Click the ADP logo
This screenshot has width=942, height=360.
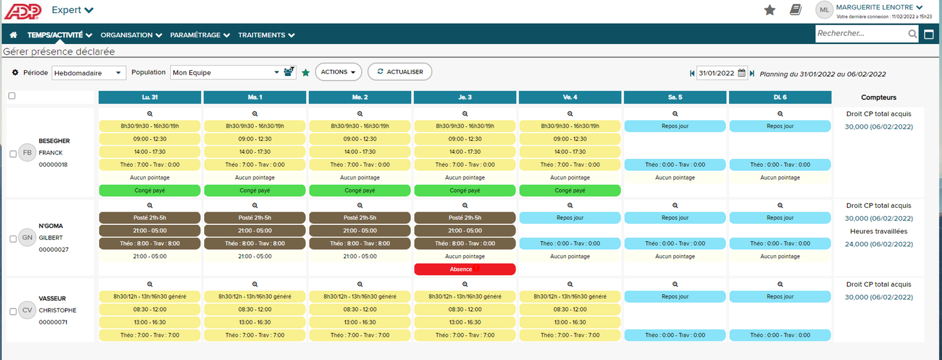tap(23, 11)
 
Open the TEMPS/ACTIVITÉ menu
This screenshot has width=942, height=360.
tap(60, 35)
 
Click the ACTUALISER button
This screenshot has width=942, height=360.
tap(399, 72)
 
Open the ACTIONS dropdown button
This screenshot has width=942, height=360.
tap(338, 72)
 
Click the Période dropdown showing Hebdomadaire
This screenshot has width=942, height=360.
tap(89, 73)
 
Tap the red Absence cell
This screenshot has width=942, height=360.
tap(465, 269)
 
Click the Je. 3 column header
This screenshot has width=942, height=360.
tap(465, 97)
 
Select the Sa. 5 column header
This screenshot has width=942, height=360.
tap(675, 97)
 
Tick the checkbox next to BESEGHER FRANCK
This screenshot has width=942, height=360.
tap(13, 155)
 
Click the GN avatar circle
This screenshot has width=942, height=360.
tap(28, 237)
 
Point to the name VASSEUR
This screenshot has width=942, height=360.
tap(52, 298)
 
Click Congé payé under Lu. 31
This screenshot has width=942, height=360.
tap(150, 190)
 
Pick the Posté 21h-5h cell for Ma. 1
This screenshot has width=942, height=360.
tap(255, 217)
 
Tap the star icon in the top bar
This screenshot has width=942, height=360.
tap(769, 9)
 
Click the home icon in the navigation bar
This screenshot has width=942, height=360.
tap(13, 35)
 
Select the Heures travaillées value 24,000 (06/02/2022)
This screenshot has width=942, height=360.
tap(879, 244)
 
